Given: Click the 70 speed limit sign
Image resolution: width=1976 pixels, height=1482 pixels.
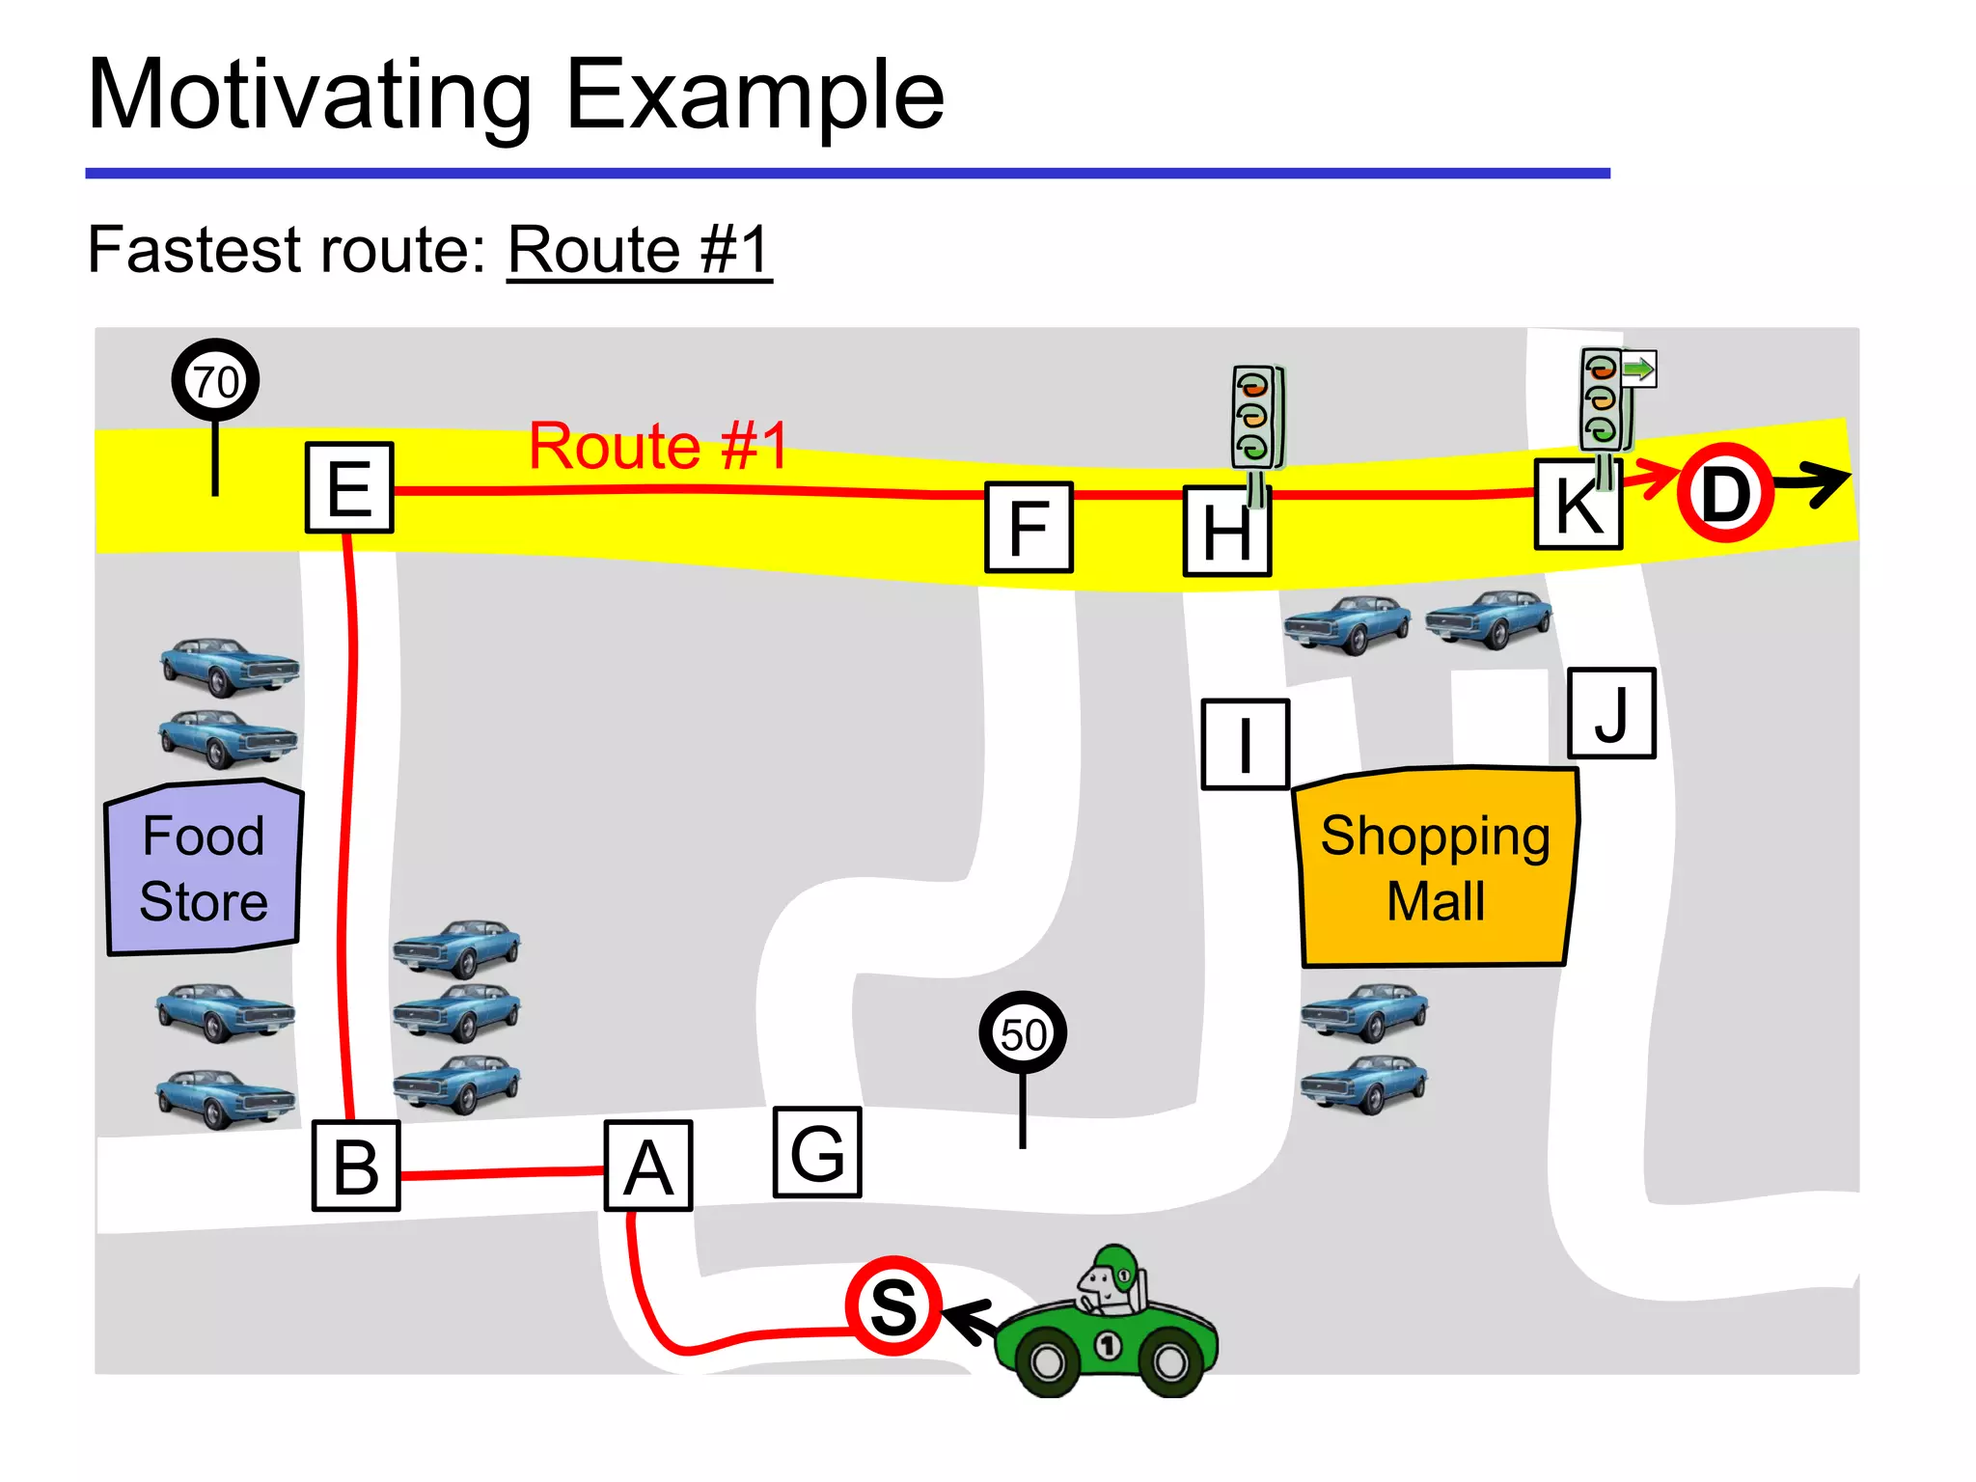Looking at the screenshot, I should (215, 380).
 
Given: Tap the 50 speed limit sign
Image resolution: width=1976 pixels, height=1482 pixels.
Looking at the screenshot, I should (1023, 1033).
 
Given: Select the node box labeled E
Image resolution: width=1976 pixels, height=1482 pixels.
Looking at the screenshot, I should (349, 487).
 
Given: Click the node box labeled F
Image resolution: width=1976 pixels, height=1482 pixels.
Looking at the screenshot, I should (1029, 528).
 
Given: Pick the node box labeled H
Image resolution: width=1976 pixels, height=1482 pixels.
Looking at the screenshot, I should (1226, 532).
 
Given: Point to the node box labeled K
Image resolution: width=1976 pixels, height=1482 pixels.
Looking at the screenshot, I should (1578, 505).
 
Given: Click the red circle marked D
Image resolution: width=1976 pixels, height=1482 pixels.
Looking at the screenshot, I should (1725, 493).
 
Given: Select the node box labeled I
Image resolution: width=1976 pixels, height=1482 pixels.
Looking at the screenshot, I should (1245, 745).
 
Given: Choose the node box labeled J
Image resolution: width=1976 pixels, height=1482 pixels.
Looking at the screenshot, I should (1611, 714).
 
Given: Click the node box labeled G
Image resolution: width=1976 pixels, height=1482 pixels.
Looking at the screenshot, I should (817, 1152).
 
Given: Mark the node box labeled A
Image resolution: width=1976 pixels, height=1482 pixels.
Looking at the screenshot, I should (648, 1166).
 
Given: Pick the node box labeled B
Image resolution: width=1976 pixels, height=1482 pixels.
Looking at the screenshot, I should (356, 1166).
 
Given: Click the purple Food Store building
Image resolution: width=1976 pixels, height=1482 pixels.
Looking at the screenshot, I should (204, 868).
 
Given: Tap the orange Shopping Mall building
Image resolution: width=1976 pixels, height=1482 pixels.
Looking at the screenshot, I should (1435, 868).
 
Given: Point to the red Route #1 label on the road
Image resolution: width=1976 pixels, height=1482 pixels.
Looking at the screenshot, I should (658, 446).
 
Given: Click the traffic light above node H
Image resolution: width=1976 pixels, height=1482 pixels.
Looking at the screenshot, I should (1256, 417).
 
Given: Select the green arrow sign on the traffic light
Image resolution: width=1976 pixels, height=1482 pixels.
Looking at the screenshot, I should (1638, 369).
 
